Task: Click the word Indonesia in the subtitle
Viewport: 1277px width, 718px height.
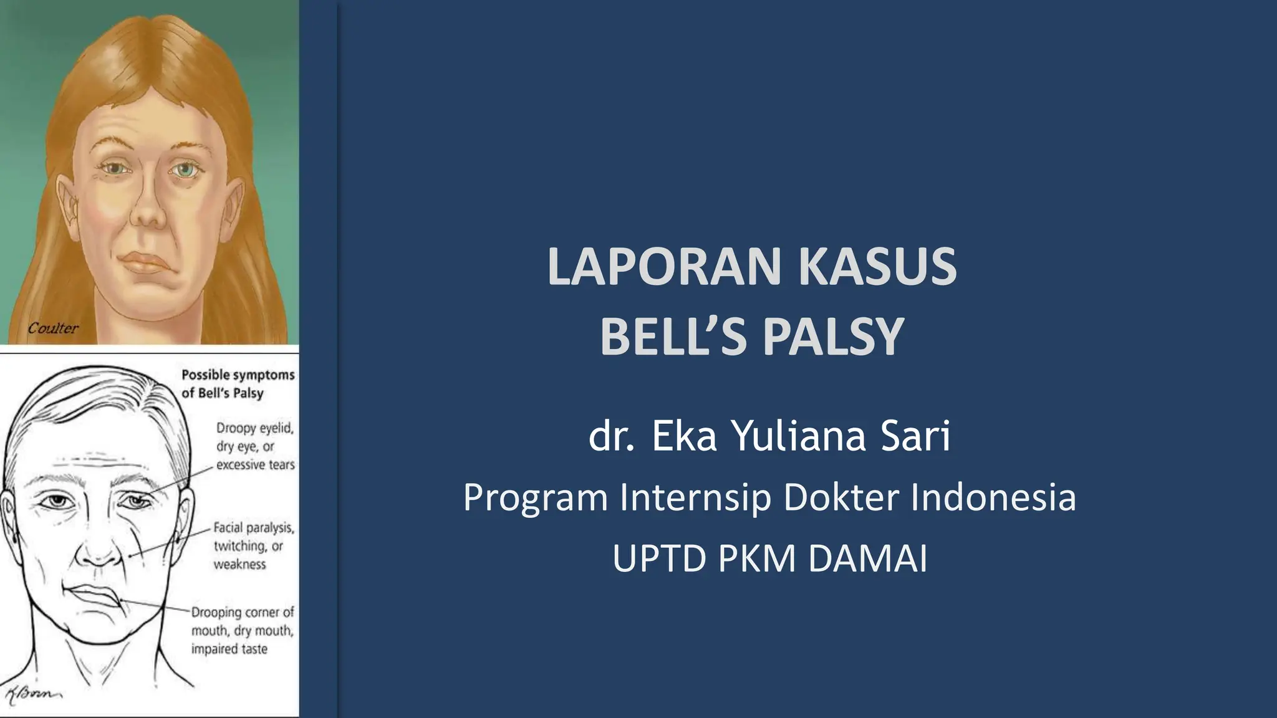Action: pyautogui.click(x=994, y=497)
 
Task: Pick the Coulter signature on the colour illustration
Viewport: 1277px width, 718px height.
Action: pyautogui.click(x=53, y=328)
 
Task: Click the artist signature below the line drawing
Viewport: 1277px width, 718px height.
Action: pyautogui.click(x=31, y=694)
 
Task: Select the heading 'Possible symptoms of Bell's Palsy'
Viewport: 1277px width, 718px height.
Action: pyautogui.click(x=238, y=384)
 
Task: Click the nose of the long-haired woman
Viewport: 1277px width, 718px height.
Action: pyautogui.click(x=148, y=209)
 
